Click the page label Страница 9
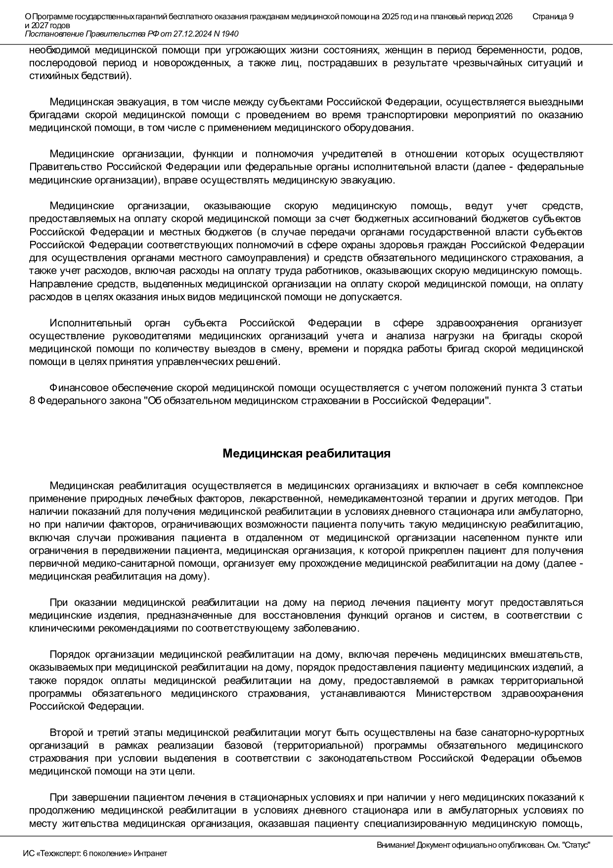(553, 17)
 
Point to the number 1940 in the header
(229, 34)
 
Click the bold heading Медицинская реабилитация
(306, 454)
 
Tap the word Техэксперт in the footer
(63, 853)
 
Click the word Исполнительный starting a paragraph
(90, 323)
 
